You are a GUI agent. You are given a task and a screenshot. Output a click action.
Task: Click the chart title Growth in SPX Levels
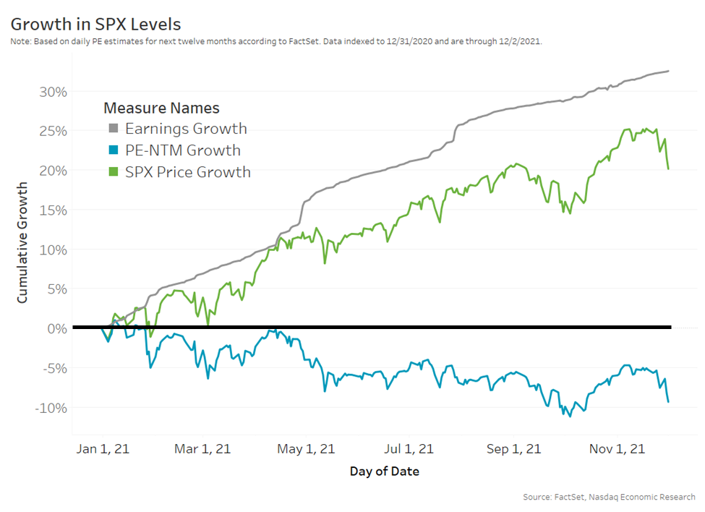pyautogui.click(x=95, y=24)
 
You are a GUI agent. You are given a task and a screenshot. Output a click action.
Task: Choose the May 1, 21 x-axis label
pyautogui.click(x=306, y=448)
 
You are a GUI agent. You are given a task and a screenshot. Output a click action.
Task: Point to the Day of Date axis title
pyautogui.click(x=384, y=472)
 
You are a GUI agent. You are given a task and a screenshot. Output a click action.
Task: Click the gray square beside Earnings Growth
pyautogui.click(x=113, y=129)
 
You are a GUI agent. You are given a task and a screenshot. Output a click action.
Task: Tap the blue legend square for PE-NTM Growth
pyautogui.click(x=113, y=151)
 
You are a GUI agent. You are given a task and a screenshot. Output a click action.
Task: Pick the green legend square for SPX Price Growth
pyautogui.click(x=113, y=172)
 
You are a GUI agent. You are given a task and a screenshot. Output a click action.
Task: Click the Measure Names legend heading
pyautogui.click(x=161, y=108)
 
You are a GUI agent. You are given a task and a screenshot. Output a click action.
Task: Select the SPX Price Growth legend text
pyautogui.click(x=187, y=172)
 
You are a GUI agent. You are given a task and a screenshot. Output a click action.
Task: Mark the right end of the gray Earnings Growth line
pyautogui.click(x=669, y=71)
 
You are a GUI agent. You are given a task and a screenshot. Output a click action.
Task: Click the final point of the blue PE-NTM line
pyautogui.click(x=668, y=401)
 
